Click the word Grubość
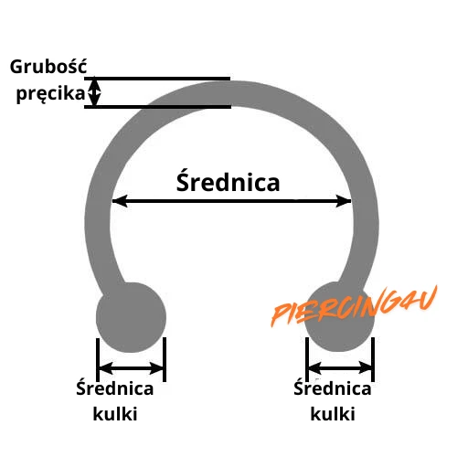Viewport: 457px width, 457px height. pyautogui.click(x=48, y=67)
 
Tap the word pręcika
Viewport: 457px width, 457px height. pyautogui.click(x=50, y=93)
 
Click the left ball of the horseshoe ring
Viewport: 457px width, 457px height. pyautogui.click(x=131, y=317)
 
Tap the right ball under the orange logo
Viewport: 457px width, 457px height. pyautogui.click(x=339, y=317)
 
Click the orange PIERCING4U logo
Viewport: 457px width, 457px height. pyautogui.click(x=355, y=306)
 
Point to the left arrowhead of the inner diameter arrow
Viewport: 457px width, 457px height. pyautogui.click(x=120, y=201)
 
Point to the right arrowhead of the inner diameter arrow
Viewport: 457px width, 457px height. pyautogui.click(x=344, y=201)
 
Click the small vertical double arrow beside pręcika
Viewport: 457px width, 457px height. pyautogui.click(x=95, y=92)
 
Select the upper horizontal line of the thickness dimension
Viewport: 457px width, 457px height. pyautogui.click(x=157, y=79)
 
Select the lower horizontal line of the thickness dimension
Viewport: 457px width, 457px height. pyautogui.click(x=157, y=107)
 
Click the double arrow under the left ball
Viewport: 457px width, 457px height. pyautogui.click(x=131, y=368)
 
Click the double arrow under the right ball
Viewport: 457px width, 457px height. pyautogui.click(x=340, y=368)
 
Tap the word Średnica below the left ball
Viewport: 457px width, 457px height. pyautogui.click(x=115, y=388)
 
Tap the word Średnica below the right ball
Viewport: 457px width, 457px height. pyautogui.click(x=333, y=388)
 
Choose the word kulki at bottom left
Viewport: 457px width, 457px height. pyautogui.click(x=115, y=414)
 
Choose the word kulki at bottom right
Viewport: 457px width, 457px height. pyautogui.click(x=333, y=414)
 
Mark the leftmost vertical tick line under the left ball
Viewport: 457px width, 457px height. pyautogui.click(x=98, y=360)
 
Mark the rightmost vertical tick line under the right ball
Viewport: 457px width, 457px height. pyautogui.click(x=373, y=359)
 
